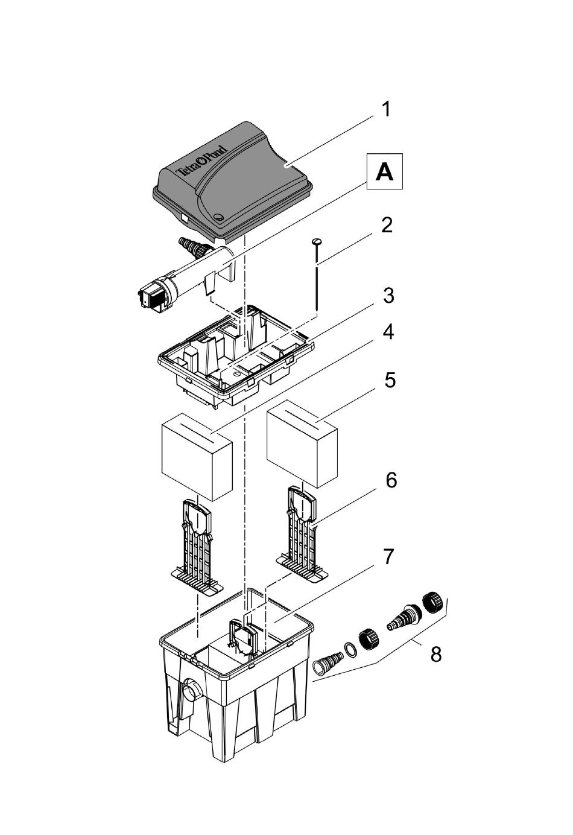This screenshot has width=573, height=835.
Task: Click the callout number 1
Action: click(387, 110)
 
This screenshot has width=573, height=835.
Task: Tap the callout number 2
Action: click(387, 226)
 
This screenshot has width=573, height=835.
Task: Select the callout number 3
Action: click(388, 296)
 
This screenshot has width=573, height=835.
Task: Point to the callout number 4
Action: click(388, 332)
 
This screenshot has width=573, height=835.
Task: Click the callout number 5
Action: click(390, 381)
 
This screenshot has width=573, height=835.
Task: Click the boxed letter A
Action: click(384, 171)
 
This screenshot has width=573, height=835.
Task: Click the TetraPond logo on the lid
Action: click(201, 159)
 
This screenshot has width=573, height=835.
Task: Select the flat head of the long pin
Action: click(316, 242)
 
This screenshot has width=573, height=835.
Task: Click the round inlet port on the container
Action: click(192, 690)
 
